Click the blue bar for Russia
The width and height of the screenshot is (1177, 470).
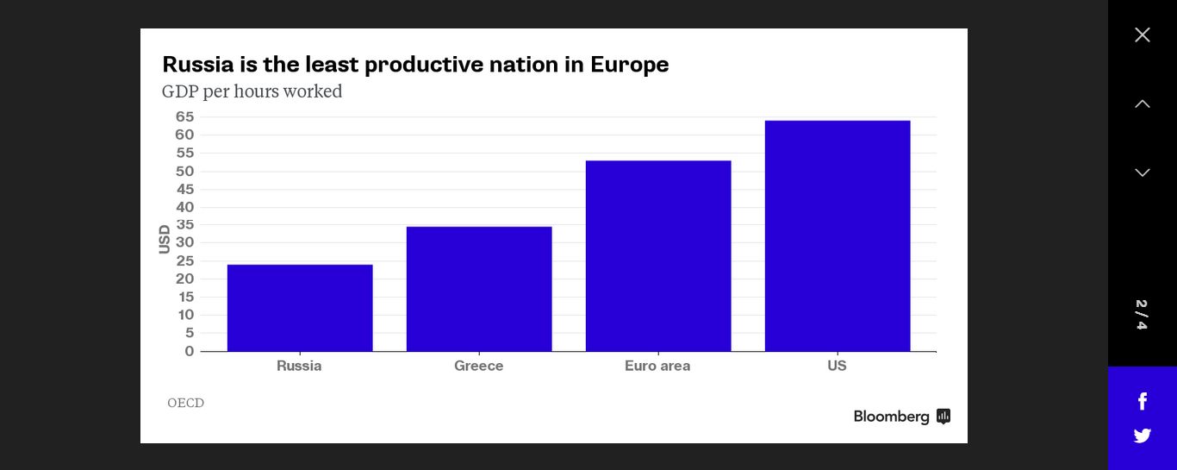tap(300, 308)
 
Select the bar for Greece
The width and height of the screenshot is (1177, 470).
tap(479, 289)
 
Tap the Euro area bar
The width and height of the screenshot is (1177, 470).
tap(658, 256)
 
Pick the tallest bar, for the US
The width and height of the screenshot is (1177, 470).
tap(838, 235)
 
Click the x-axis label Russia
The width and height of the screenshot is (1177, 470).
tap(299, 366)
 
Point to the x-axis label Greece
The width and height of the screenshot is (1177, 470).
tap(479, 366)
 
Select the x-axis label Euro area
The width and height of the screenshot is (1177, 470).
tap(657, 366)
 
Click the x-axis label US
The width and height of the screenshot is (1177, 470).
tap(837, 366)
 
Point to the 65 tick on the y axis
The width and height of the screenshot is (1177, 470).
tap(184, 116)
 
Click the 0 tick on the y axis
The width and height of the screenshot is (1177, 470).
tap(190, 351)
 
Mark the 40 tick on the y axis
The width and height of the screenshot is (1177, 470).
tap(184, 207)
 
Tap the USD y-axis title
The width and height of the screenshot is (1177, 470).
tap(165, 239)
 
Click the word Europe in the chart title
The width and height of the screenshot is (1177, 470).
tap(629, 65)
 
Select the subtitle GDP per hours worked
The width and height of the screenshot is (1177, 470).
tap(252, 91)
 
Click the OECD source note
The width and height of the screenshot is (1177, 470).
tap(185, 403)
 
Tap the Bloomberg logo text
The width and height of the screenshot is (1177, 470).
tap(891, 417)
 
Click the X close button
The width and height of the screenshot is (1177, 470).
tap(1143, 34)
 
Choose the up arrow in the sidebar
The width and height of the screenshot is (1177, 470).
tap(1143, 103)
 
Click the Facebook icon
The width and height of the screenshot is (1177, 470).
tap(1143, 401)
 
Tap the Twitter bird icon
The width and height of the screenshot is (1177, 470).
tap(1143, 436)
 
